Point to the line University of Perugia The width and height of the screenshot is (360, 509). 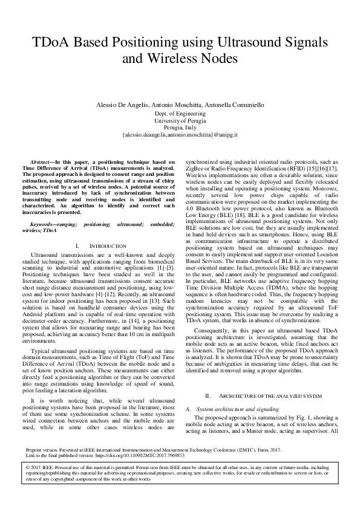click(180, 121)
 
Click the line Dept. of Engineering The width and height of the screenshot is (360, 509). click(180, 114)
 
